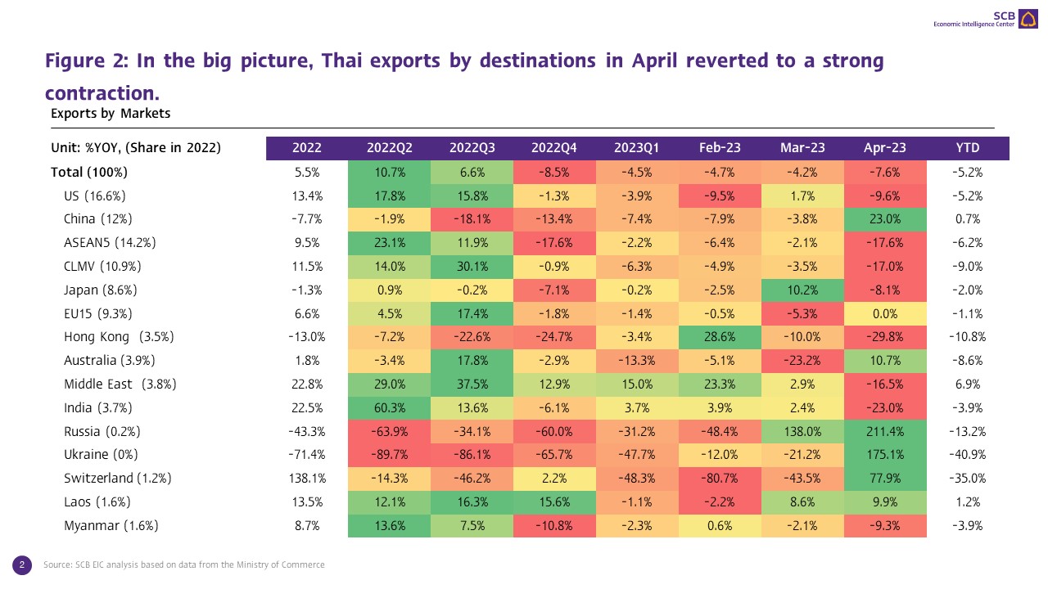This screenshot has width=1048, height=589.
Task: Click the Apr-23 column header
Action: pyautogui.click(x=885, y=148)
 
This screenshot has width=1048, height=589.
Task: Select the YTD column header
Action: pyautogui.click(x=968, y=148)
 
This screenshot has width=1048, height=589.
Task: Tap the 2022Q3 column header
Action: pyautogui.click(x=472, y=148)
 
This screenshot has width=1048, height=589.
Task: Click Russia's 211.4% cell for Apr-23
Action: pyautogui.click(x=885, y=431)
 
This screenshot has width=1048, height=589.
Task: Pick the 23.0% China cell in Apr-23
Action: pyautogui.click(x=885, y=219)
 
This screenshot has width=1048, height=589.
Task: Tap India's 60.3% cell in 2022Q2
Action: pyautogui.click(x=389, y=407)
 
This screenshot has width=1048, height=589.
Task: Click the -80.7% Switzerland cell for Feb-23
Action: pyautogui.click(x=720, y=479)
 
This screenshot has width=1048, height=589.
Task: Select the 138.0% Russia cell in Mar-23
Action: pyautogui.click(x=802, y=431)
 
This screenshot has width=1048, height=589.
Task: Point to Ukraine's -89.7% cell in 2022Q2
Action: pyautogui.click(x=389, y=455)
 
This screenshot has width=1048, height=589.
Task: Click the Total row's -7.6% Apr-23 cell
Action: pyautogui.click(x=885, y=173)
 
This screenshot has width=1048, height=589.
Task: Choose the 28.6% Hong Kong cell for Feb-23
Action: pyautogui.click(x=720, y=337)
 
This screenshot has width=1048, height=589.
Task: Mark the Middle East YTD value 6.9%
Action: pyautogui.click(x=968, y=384)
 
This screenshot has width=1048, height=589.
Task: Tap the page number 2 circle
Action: pyautogui.click(x=22, y=564)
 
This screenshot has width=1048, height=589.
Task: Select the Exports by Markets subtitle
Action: pyautogui.click(x=111, y=114)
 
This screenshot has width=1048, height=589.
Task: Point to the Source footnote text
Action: pyautogui.click(x=184, y=564)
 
